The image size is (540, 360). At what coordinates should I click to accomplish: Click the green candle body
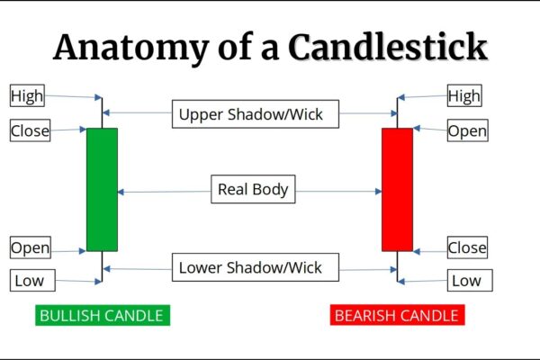pos(102,189)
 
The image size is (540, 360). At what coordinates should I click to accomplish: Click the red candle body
pos(397,189)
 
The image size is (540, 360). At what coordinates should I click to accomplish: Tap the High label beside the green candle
pos(26,94)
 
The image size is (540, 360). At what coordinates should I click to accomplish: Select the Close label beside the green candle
pos(30,131)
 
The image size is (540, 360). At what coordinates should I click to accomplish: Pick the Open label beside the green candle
pos(30,247)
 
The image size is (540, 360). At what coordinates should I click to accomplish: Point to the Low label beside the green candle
pos(28,281)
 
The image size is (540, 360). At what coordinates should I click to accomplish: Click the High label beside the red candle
pos(464,94)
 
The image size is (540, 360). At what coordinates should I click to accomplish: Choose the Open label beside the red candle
pos(467,131)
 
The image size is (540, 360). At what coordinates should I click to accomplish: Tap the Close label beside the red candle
pos(467,247)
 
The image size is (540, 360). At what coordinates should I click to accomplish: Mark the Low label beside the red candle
pos(465,281)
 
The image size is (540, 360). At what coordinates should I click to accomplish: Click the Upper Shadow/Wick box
pos(250,114)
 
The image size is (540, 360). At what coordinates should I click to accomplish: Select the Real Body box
pos(253,190)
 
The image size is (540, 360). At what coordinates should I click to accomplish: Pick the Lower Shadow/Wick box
pos(250,267)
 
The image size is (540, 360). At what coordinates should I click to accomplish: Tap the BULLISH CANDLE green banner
pos(102,315)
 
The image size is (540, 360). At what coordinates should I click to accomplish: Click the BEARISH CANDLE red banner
pos(396,315)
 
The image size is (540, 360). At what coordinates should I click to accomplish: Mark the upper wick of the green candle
pos(102,112)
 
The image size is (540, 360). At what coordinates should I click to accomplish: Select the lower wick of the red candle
pos(397,265)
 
